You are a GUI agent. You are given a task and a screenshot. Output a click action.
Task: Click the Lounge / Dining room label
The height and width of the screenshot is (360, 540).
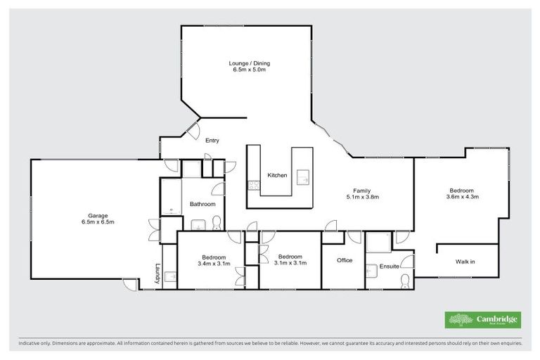pos(250,63)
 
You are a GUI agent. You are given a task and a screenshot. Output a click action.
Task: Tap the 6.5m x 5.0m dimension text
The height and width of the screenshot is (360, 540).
pos(250,71)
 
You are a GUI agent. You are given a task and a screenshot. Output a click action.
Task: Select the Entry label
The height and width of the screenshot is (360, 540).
pos(212,141)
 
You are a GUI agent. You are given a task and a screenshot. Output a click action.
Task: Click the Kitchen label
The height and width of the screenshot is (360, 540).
pos(277,175)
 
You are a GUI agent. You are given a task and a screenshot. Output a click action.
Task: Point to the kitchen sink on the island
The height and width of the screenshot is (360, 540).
pos(304,176)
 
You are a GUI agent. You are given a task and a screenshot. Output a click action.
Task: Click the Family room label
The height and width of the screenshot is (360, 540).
pos(362,191)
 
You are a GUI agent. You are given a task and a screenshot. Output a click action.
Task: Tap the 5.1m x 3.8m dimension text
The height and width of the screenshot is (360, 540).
pos(362,198)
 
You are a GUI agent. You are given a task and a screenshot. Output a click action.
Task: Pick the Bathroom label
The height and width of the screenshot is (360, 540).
pos(202,204)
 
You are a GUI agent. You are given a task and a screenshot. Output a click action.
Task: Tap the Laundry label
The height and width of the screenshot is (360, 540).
pos(157,274)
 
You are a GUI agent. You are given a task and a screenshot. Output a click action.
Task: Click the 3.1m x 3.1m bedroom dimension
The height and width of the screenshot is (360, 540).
pos(290,264)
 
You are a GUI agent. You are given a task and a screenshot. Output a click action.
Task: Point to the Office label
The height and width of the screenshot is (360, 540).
pos(344,261)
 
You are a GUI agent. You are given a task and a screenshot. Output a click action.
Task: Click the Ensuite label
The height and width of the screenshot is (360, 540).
pos(389,266)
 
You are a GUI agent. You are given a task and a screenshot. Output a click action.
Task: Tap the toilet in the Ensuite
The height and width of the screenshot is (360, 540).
pos(405,281)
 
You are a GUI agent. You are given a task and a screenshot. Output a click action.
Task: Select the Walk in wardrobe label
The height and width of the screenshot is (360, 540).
pos(465,262)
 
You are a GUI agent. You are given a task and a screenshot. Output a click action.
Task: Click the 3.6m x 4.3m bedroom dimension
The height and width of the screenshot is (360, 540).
pos(462,198)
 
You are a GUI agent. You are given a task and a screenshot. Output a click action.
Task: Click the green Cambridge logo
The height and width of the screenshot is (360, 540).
pos(483,320)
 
